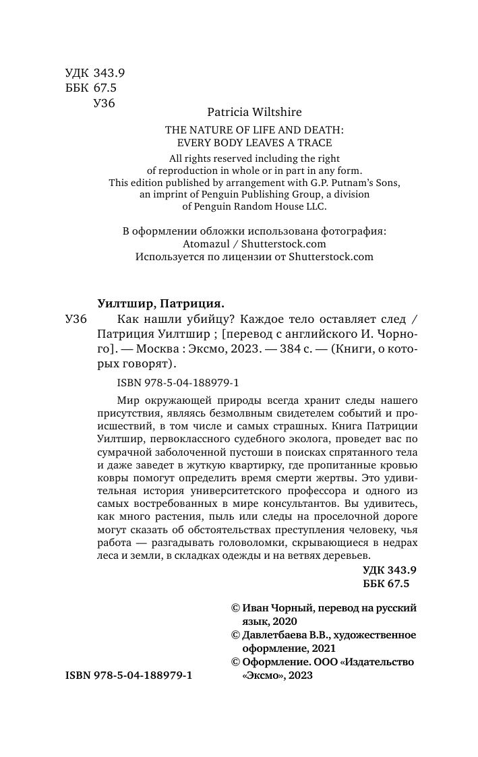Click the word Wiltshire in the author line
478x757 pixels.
272,112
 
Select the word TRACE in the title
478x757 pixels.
316,142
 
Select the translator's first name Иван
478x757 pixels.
256,607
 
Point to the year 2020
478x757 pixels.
284,620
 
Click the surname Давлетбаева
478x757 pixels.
274,635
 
